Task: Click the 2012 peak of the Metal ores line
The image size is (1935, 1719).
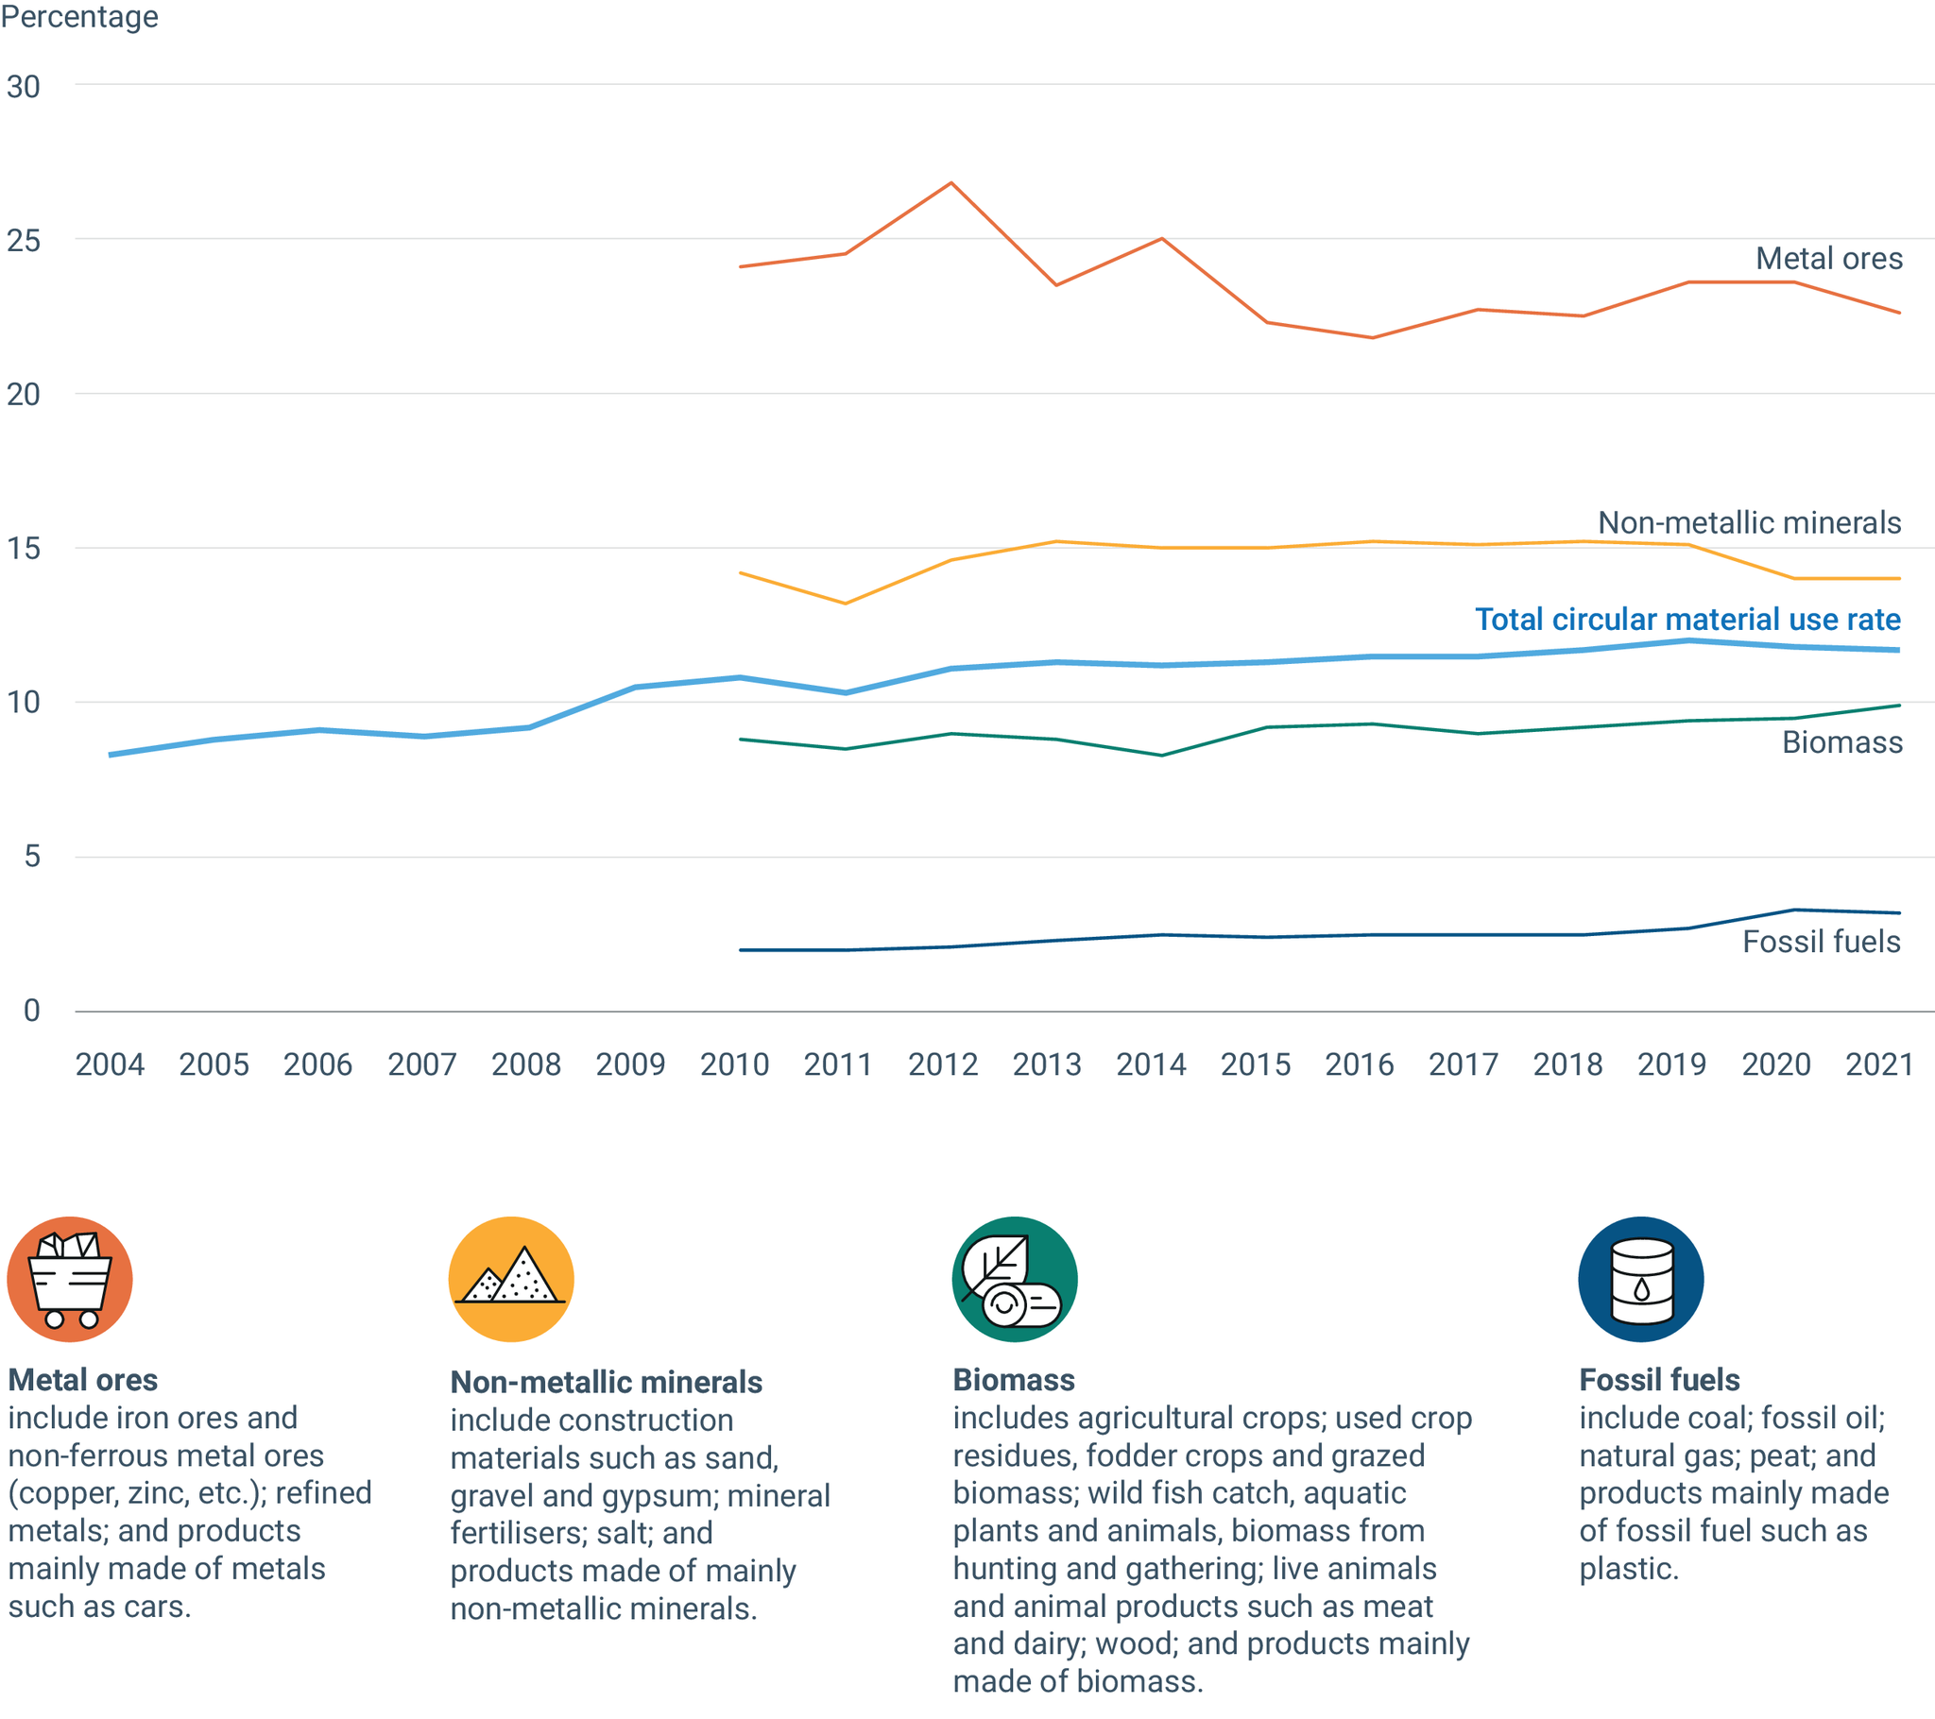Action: pyautogui.click(x=950, y=182)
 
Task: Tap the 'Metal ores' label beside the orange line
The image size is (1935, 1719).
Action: pyautogui.click(x=1828, y=259)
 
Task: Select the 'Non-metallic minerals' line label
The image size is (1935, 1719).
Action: pyautogui.click(x=1749, y=522)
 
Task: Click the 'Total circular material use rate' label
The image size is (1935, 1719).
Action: pyautogui.click(x=1687, y=619)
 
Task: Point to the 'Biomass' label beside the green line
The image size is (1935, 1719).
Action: pyautogui.click(x=1841, y=742)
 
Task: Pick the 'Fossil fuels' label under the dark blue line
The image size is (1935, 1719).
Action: pyautogui.click(x=1821, y=941)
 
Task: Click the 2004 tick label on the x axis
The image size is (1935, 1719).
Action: pyautogui.click(x=110, y=1064)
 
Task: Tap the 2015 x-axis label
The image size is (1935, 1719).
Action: pyautogui.click(x=1256, y=1064)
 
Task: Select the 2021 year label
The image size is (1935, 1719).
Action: pyautogui.click(x=1880, y=1064)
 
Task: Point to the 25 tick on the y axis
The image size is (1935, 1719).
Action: pyautogui.click(x=24, y=241)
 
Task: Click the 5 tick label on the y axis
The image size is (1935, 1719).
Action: pyautogui.click(x=32, y=857)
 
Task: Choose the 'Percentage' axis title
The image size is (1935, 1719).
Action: pyautogui.click(x=79, y=17)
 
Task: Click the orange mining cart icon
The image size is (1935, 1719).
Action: pyautogui.click(x=70, y=1279)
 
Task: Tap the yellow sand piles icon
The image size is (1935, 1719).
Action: pyautogui.click(x=511, y=1279)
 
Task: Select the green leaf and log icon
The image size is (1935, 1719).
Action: pyautogui.click(x=1015, y=1279)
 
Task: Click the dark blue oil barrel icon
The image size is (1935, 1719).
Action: pyautogui.click(x=1640, y=1279)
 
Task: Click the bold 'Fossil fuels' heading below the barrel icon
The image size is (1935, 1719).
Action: pyautogui.click(x=1658, y=1380)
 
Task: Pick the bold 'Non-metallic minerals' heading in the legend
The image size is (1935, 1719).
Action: pyautogui.click(x=606, y=1382)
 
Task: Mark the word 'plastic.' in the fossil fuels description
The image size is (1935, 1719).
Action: pyautogui.click(x=1628, y=1570)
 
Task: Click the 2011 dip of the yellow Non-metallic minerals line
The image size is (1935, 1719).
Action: pyautogui.click(x=846, y=603)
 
